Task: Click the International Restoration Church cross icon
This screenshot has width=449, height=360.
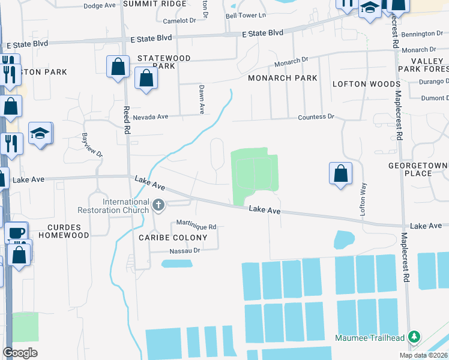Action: coord(159,206)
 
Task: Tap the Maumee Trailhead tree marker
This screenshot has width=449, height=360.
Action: coord(413,337)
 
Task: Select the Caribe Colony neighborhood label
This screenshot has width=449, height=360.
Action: coord(173,238)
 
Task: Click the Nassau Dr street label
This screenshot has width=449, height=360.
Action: coord(184,251)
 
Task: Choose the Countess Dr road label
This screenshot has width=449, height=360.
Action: coord(316,116)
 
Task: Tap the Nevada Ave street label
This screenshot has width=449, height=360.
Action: coord(150,117)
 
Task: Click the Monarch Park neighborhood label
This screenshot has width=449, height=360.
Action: coord(283,78)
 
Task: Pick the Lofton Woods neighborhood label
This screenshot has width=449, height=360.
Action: coord(366,84)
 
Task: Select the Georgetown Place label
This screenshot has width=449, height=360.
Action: coord(418,169)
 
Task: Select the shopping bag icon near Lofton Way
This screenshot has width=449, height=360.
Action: coord(340,174)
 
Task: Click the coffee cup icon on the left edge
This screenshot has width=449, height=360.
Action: coord(16,233)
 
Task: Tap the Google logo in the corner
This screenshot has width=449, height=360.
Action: coord(20,353)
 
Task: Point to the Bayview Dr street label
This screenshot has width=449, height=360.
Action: coord(93,145)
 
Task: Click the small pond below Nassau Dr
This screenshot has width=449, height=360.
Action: coord(177,263)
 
